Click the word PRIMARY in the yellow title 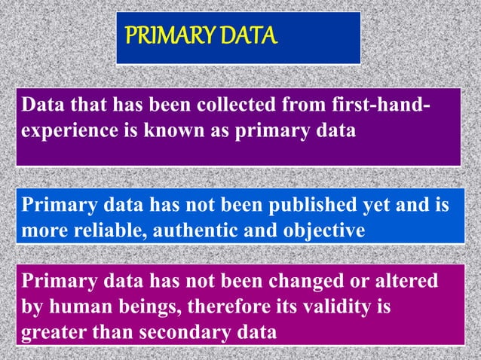pos(159,35)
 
